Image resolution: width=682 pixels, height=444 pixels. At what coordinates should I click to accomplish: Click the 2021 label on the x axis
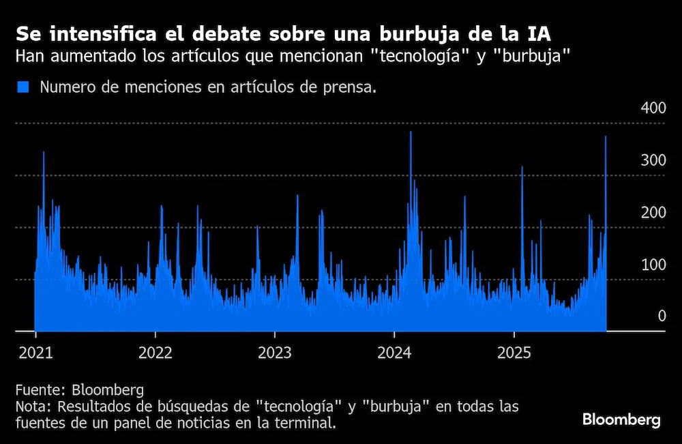tap(35, 353)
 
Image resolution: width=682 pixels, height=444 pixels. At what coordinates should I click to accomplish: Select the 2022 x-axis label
tap(155, 353)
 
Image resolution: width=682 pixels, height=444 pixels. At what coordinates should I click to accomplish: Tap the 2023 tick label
tap(274, 353)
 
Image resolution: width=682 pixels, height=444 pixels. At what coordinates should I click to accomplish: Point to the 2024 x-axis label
tap(394, 353)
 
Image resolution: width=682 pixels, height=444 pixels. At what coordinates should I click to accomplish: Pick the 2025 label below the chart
tap(514, 353)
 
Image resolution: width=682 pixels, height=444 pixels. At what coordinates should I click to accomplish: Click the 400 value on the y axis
tap(653, 108)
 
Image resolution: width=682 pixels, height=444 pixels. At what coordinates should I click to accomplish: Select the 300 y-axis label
tap(653, 160)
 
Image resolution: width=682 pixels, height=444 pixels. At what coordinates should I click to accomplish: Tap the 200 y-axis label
tap(653, 212)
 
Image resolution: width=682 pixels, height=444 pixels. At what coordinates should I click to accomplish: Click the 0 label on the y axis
tap(662, 316)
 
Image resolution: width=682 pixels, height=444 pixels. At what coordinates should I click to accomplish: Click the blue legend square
tap(23, 87)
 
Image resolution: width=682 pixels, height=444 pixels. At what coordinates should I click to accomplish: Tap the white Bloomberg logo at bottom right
tap(621, 421)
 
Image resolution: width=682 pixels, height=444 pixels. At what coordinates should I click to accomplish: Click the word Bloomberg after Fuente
tap(108, 389)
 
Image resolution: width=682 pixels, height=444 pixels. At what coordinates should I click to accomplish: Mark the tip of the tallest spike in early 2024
tap(411, 132)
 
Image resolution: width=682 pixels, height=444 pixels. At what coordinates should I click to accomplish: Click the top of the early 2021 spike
tap(44, 152)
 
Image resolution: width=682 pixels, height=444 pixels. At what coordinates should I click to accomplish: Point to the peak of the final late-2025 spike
tap(606, 136)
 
